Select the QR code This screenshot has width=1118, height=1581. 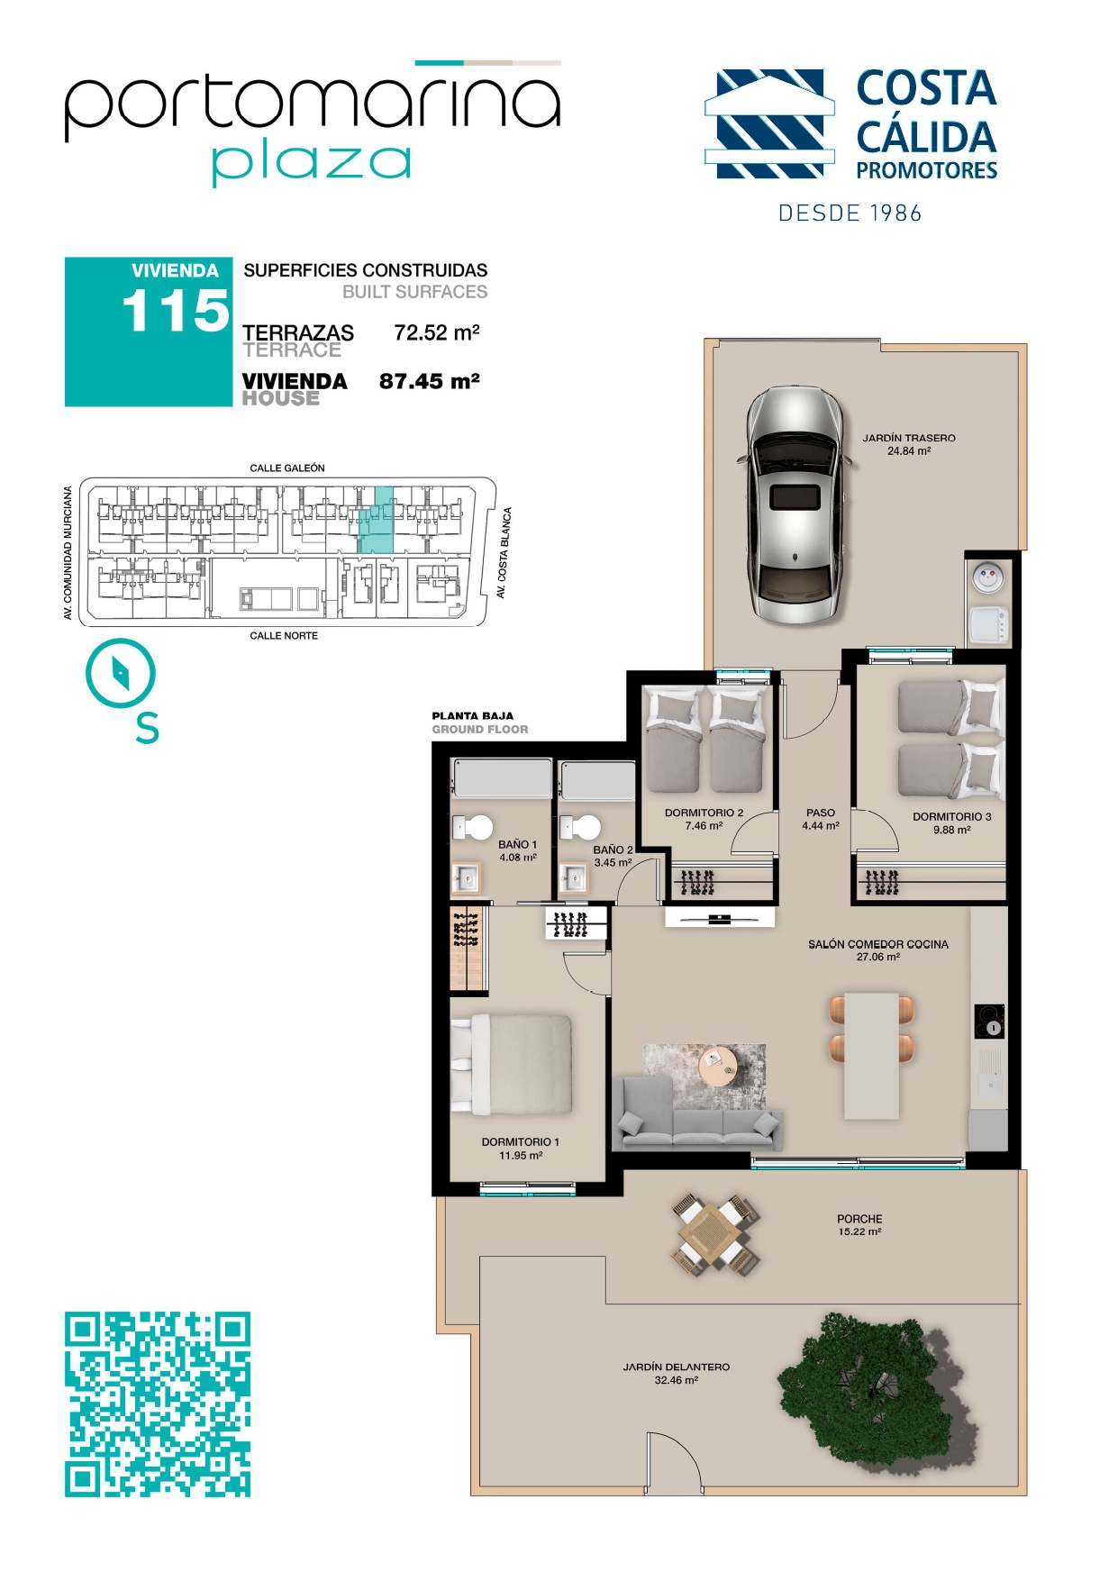(158, 1404)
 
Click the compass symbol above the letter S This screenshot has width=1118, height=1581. (120, 673)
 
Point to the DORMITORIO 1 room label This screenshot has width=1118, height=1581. (520, 1142)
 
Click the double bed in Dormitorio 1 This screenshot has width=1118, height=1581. (512, 1065)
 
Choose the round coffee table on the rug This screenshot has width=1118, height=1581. (718, 1068)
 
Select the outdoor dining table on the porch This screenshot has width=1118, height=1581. (716, 1232)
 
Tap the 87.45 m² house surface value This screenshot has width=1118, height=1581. (429, 381)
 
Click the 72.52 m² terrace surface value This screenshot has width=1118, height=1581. (436, 332)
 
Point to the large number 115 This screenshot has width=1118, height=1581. (176, 311)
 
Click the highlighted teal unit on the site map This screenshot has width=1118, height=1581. (377, 521)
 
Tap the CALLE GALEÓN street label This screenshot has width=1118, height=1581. (287, 468)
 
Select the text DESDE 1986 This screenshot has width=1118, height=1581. (850, 214)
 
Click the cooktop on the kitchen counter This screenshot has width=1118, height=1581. (989, 1022)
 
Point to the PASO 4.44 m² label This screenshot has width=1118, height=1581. (821, 819)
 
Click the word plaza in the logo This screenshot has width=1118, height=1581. (312, 162)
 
